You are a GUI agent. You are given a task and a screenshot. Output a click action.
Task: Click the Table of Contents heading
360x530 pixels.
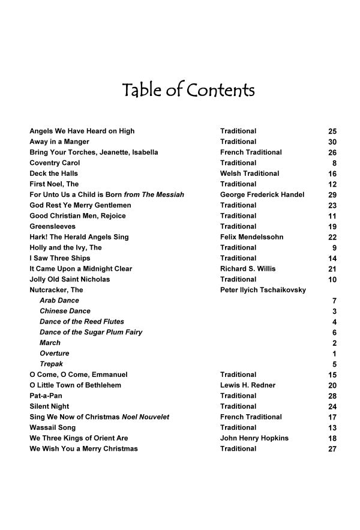[x=188, y=91]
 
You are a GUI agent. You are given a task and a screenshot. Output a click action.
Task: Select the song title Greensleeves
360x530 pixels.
[x=53, y=226]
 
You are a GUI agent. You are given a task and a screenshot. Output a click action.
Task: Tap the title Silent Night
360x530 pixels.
[x=51, y=406]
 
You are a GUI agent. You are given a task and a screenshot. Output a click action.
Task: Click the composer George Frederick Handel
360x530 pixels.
[x=262, y=194]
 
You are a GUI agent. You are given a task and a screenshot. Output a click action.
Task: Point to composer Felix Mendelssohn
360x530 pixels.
[x=251, y=237]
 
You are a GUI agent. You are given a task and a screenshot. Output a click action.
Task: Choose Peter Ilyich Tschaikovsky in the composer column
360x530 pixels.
[x=263, y=290]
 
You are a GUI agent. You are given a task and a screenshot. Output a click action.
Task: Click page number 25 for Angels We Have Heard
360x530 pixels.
[x=332, y=131]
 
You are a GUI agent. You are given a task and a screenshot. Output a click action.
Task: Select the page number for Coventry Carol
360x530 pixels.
[x=334, y=163]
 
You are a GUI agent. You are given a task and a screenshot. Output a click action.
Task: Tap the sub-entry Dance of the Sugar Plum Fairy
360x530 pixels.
[x=91, y=332]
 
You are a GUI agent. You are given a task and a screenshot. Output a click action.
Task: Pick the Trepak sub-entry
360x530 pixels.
[x=51, y=364]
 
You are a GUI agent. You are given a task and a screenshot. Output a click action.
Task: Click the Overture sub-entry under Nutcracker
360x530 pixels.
[x=54, y=354]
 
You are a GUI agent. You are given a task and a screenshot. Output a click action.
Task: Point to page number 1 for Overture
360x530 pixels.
[x=334, y=354]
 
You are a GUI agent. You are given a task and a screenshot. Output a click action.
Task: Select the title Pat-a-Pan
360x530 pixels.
[x=46, y=396]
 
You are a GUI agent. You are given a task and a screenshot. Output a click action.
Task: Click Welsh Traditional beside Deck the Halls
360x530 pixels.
[x=250, y=173]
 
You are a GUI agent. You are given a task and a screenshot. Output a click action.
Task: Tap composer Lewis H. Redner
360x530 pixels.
[x=248, y=385]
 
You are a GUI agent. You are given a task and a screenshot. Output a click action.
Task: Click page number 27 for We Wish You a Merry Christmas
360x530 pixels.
[x=332, y=449]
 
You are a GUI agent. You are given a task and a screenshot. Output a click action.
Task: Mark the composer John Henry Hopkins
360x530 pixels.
[x=254, y=438]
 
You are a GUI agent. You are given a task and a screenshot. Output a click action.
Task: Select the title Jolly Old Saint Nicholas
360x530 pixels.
[x=70, y=279]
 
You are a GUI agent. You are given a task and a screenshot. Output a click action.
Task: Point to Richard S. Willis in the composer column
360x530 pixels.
[x=248, y=269]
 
